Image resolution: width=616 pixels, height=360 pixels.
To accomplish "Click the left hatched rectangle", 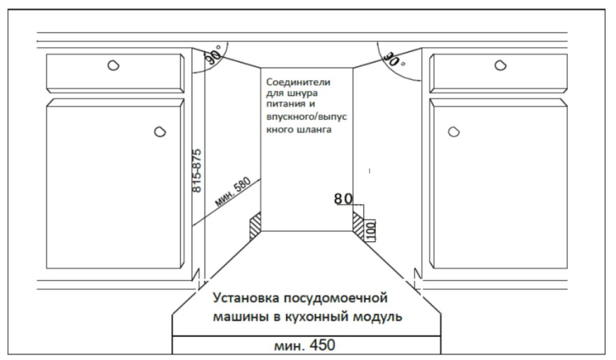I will pos(255,226).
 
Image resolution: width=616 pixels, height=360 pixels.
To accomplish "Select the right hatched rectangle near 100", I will pos(359,226).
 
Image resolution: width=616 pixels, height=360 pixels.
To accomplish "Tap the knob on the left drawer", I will pos(113,66).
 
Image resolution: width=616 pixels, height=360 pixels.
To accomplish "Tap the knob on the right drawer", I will pos(499,66).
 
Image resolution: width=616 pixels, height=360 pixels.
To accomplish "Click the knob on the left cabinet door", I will pos(159,130).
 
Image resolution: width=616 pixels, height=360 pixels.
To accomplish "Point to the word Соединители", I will pos(298,82).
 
